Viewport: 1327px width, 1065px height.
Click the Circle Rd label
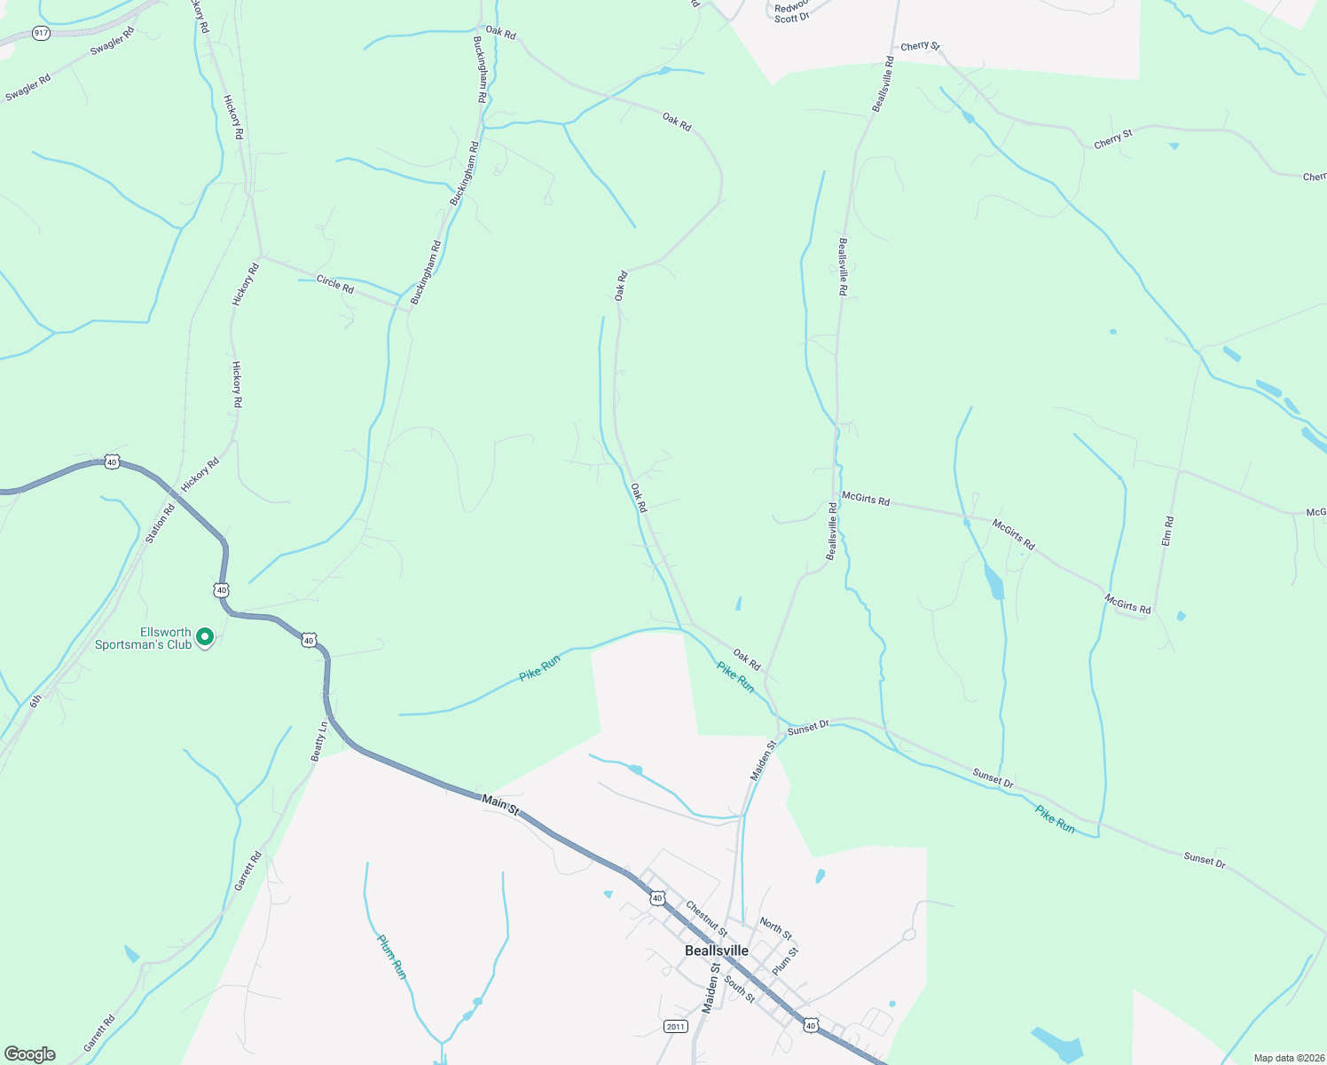335,285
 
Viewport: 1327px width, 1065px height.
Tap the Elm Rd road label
1168,530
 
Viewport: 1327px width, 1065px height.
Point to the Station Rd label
161,523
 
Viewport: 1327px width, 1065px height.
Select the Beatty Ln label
319,741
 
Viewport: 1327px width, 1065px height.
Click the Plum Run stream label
392,957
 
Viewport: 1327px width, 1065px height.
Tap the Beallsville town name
717,951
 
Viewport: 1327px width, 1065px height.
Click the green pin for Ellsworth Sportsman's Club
205,636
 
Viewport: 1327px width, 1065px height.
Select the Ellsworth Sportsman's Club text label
143,639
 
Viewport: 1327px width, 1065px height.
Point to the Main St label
500,802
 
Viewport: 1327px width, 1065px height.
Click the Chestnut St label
706,919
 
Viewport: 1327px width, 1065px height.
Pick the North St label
775,928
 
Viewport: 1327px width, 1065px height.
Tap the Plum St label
786,961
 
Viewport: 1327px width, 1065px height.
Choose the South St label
740,989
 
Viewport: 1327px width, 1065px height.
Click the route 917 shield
41,33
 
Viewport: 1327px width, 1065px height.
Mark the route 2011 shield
675,1027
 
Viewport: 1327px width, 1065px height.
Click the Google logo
30,1054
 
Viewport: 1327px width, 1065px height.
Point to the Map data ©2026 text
1288,1058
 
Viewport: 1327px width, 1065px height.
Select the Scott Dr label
791,18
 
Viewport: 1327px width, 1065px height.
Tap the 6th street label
35,701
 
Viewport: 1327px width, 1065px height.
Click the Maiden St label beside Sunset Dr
763,761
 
